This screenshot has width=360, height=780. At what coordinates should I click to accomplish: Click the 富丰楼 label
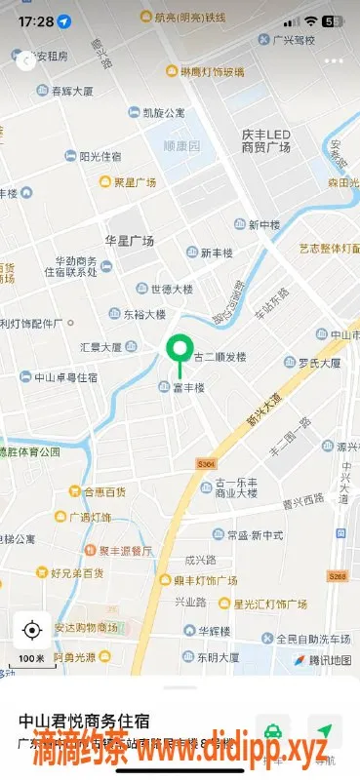[x=187, y=388]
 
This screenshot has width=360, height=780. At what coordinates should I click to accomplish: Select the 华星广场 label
[x=130, y=240]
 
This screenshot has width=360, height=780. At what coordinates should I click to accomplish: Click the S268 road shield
[x=338, y=576]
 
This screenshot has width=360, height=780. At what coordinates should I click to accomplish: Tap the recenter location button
[x=32, y=630]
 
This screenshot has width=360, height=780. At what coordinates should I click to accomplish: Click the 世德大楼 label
[x=174, y=289]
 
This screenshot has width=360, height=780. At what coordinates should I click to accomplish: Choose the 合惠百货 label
[x=104, y=491]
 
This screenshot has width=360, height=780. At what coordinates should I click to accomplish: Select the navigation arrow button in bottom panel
[x=325, y=730]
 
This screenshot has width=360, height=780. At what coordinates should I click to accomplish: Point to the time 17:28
[x=36, y=20]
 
